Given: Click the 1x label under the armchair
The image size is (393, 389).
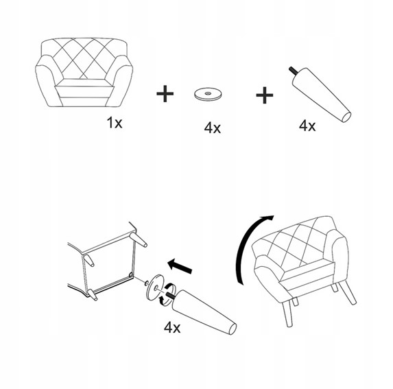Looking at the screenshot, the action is (x=115, y=123).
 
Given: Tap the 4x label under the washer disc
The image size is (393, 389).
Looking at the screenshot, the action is (x=213, y=128).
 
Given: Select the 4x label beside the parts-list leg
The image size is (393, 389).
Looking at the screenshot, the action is (x=307, y=126).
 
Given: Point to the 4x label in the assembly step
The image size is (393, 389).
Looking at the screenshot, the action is (x=172, y=327).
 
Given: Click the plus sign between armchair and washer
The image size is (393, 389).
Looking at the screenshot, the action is (x=165, y=94).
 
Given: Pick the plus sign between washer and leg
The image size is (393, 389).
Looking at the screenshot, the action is (x=265, y=95).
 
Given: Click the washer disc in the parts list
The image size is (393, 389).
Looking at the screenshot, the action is (x=209, y=94).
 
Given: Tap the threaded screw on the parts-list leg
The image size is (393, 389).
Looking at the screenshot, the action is (x=294, y=71).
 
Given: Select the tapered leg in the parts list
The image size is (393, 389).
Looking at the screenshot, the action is (x=321, y=95).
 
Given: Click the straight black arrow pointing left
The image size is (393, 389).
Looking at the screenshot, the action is (x=180, y=266).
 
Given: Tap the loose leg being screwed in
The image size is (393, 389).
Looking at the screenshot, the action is (x=204, y=312).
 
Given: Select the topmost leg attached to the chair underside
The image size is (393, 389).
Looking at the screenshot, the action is (x=138, y=240).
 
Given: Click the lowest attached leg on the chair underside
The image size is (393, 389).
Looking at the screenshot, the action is (x=92, y=295).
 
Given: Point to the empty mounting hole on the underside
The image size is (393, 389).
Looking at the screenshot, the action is (x=131, y=275).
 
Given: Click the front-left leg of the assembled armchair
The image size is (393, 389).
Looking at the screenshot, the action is (x=287, y=314).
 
